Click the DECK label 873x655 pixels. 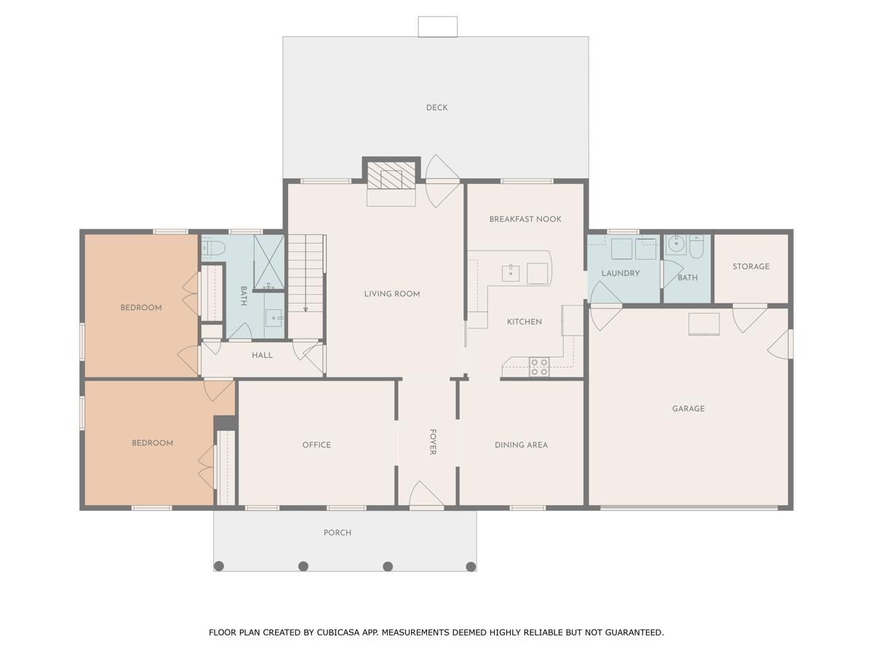point(436,108)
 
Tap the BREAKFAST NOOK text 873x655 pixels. point(525,219)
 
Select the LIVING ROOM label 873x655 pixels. point(391,294)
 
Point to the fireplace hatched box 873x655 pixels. point(391,175)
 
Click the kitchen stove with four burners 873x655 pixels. point(539,367)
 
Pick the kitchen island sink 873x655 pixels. point(511,273)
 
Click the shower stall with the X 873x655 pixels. point(269,261)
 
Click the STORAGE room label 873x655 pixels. point(751,266)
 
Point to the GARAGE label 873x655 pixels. point(688,408)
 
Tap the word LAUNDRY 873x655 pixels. point(621,273)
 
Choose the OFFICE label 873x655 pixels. point(316,445)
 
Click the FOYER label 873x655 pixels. point(433,442)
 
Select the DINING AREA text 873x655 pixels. point(521,445)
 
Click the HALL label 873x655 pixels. point(262,355)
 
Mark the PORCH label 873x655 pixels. point(338,533)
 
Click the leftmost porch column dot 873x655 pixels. point(219,566)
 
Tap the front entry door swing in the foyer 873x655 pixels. point(426,494)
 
